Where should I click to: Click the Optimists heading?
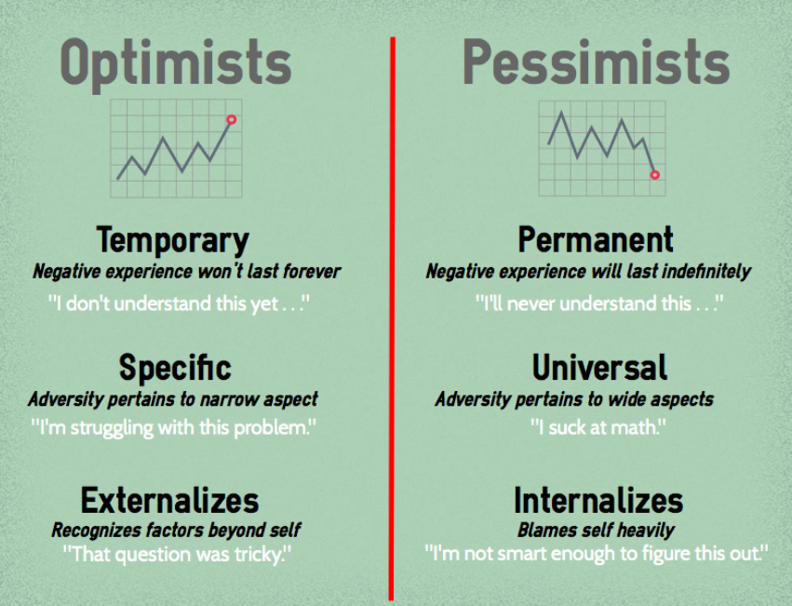[176, 63]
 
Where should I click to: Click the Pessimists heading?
[596, 63]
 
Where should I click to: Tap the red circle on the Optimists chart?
[231, 119]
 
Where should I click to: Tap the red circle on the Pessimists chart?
[654, 174]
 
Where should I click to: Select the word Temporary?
[173, 240]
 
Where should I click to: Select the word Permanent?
[596, 240]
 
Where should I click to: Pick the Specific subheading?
[175, 368]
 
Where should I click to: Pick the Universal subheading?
[599, 368]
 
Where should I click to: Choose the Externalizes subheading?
[169, 501]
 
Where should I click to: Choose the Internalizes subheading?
[597, 501]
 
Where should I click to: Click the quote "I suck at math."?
[598, 428]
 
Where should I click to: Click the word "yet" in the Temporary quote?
[263, 304]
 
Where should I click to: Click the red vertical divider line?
[392, 316]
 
